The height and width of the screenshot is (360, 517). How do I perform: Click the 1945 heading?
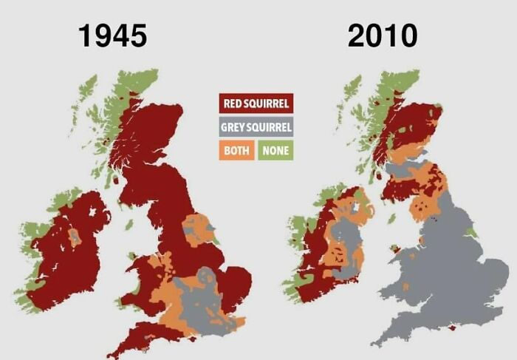113,35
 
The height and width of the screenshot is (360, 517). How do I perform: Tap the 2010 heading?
383,35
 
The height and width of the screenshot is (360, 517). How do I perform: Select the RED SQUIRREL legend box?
256,103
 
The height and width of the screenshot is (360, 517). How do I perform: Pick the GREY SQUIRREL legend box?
256,127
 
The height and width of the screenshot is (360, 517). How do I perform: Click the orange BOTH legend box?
237,151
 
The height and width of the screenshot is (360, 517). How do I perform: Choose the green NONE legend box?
275,151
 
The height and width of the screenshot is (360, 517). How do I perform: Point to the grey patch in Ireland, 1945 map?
75,237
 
